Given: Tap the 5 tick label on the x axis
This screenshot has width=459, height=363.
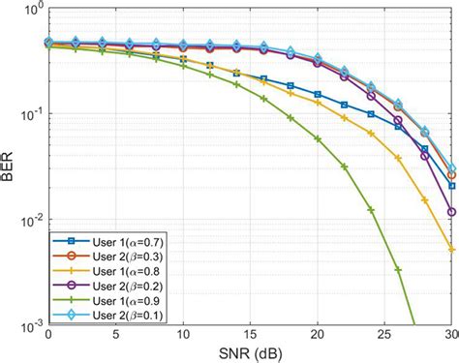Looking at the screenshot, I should point(115,335).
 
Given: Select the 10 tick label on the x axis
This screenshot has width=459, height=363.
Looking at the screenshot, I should point(183,335).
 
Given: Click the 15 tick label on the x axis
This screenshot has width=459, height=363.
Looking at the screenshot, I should point(250,335).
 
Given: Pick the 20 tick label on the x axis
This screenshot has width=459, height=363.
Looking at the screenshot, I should point(318,335).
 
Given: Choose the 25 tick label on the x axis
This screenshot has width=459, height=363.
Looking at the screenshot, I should point(384,335).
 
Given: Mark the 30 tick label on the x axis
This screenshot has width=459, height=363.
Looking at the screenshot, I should point(449,335).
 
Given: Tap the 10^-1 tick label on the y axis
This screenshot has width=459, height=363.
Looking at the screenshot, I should point(30,115).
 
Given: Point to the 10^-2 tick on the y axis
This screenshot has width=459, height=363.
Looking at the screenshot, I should point(30,220).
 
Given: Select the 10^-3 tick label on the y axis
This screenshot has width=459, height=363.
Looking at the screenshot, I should point(30,323).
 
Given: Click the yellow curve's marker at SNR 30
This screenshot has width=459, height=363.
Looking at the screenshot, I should point(452,249).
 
